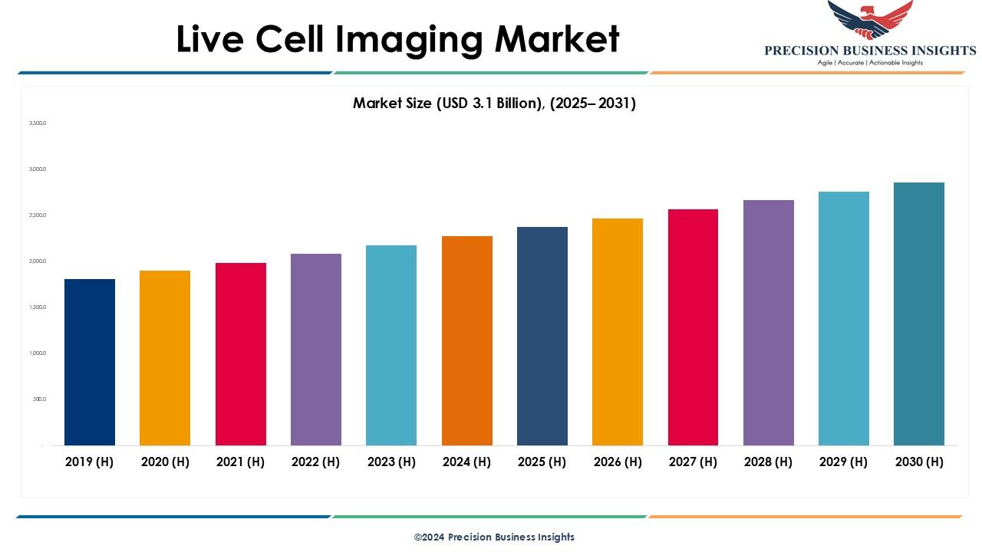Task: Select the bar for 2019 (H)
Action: (x=90, y=362)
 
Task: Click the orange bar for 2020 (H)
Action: (x=165, y=357)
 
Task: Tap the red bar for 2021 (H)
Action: (x=241, y=353)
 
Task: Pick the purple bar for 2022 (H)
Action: (x=316, y=349)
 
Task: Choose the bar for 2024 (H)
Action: (x=467, y=340)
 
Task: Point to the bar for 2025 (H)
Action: (x=542, y=336)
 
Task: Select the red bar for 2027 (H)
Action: (x=693, y=327)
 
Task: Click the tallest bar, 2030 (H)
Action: (x=919, y=314)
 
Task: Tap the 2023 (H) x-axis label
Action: (x=391, y=462)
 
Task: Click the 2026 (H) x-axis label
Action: (x=618, y=462)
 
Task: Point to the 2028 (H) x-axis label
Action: (x=769, y=462)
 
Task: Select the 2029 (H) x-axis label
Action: (x=844, y=462)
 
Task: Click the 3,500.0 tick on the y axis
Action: (x=38, y=123)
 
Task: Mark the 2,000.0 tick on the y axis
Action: (x=38, y=261)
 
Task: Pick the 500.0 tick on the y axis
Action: (x=39, y=399)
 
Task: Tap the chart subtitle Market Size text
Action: (x=494, y=103)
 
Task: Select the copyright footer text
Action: (x=494, y=537)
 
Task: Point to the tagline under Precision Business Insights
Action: (x=870, y=63)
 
